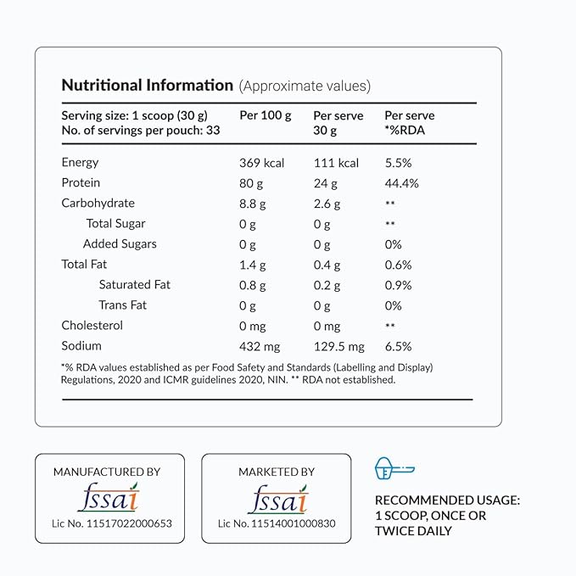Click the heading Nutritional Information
coord(147,86)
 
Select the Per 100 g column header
coord(266,115)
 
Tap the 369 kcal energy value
coord(262,163)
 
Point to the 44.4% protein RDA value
coord(401,183)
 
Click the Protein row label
coord(81,183)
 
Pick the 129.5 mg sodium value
coord(338,346)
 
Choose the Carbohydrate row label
coord(98,204)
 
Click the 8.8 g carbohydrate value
coord(253,204)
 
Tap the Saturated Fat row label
coord(134,285)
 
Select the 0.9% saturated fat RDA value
coord(398,285)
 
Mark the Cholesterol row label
coord(92,326)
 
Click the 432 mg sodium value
coord(260,346)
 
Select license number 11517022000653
coord(111,523)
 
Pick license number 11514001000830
coord(277,523)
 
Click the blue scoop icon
coord(394,469)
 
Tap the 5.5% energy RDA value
coord(398,163)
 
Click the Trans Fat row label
coord(122,305)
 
